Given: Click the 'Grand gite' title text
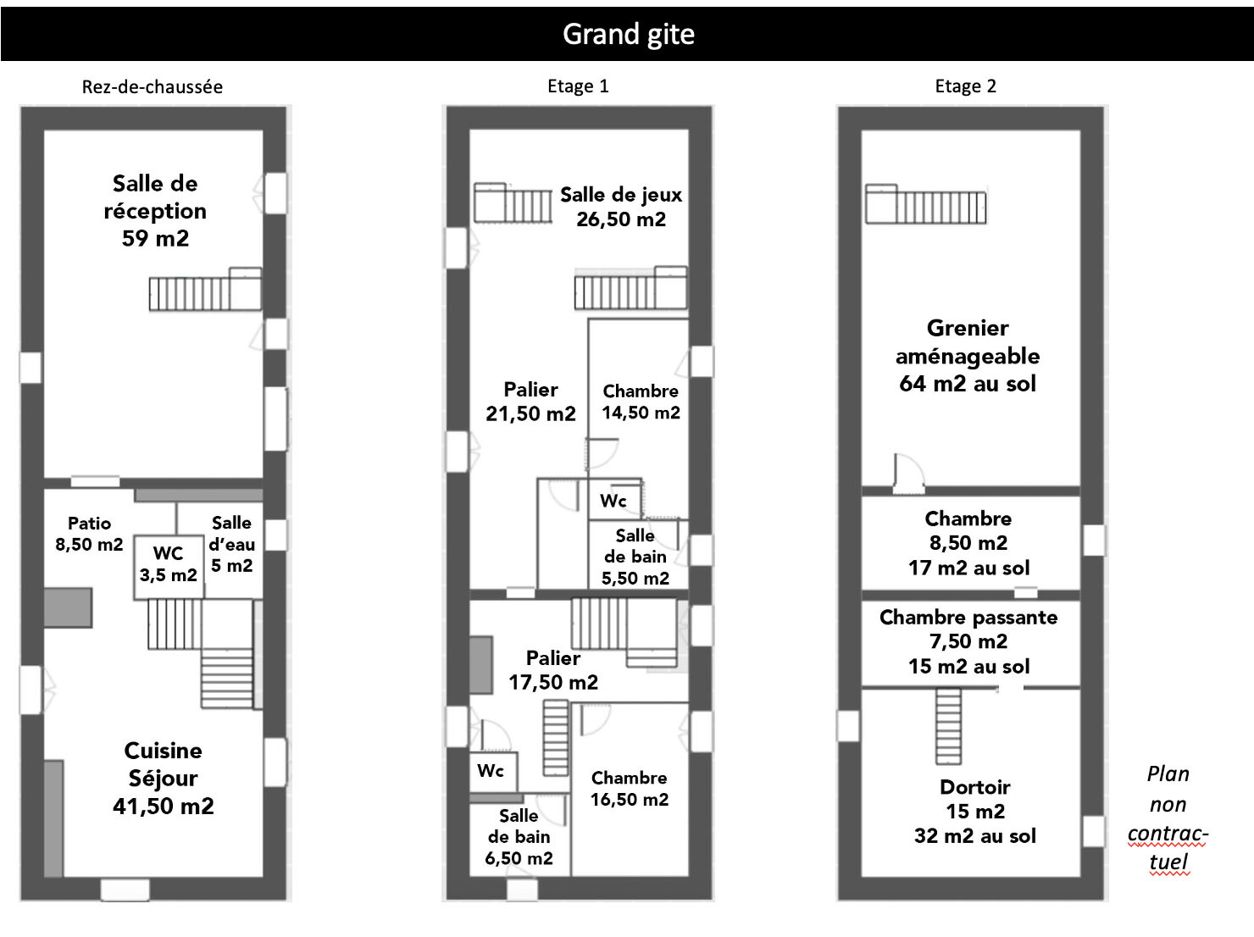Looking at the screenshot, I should point(628,34).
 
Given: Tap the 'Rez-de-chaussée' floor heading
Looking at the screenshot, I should point(153,86).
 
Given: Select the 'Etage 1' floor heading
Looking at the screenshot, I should point(578,86).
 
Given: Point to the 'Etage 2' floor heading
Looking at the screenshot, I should point(965,86).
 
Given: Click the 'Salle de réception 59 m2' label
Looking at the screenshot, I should point(155,211).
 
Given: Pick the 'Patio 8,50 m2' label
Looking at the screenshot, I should point(89,534).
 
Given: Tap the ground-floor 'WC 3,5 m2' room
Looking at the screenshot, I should point(169,564).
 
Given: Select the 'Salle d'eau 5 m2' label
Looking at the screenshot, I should point(231,544).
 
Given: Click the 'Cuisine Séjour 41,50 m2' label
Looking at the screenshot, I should point(163,778).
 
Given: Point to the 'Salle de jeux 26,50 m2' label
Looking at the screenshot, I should point(620,207).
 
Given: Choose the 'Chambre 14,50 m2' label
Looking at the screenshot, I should point(641,402).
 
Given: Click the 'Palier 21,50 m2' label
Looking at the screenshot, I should point(530,402).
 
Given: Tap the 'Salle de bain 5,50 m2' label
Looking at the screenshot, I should point(635,557).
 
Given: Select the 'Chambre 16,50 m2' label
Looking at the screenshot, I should point(629,789).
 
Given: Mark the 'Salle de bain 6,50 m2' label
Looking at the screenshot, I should point(519,836).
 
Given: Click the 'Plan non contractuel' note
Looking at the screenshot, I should point(1168,818).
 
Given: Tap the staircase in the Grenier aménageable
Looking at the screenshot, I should point(925,204).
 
